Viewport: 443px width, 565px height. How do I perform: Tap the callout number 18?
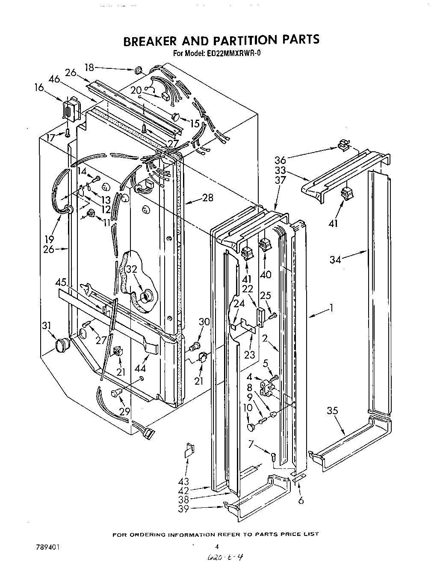click(x=89, y=67)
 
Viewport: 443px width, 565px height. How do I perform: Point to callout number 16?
click(x=39, y=88)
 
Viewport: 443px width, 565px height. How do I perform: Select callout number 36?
click(x=280, y=160)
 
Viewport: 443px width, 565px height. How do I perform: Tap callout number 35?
click(x=332, y=411)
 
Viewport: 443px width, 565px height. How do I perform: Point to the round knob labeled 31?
click(x=62, y=343)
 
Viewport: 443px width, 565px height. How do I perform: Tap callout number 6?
click(x=301, y=500)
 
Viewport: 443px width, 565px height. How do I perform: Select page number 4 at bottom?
click(x=217, y=546)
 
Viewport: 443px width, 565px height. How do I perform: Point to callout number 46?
click(x=54, y=79)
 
